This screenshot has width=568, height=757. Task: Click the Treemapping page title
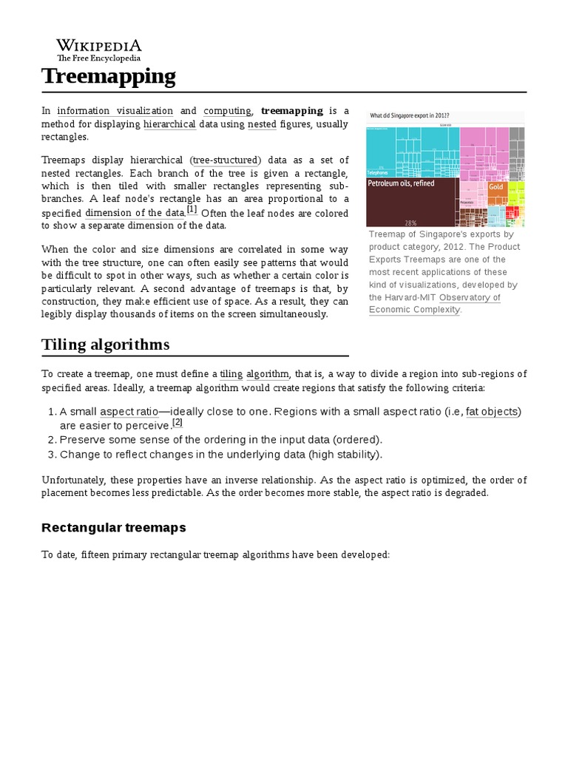tap(109, 75)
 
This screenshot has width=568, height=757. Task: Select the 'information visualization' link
tap(115, 111)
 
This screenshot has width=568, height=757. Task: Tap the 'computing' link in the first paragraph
tap(227, 111)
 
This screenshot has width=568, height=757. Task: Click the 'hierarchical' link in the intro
tap(169, 124)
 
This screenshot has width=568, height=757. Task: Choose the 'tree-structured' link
tap(226, 160)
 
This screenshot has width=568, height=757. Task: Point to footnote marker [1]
tap(192, 210)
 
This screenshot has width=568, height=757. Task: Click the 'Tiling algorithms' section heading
tap(106, 344)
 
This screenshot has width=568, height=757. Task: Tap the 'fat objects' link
tap(492, 412)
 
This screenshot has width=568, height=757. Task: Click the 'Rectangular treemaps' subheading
tap(114, 528)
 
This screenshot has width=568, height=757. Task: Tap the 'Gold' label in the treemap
tap(496, 186)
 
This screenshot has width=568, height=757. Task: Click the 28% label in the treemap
tap(410, 222)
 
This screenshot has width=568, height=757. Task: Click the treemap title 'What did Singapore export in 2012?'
tap(410, 116)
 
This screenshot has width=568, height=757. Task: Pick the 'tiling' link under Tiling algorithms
tap(231, 374)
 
